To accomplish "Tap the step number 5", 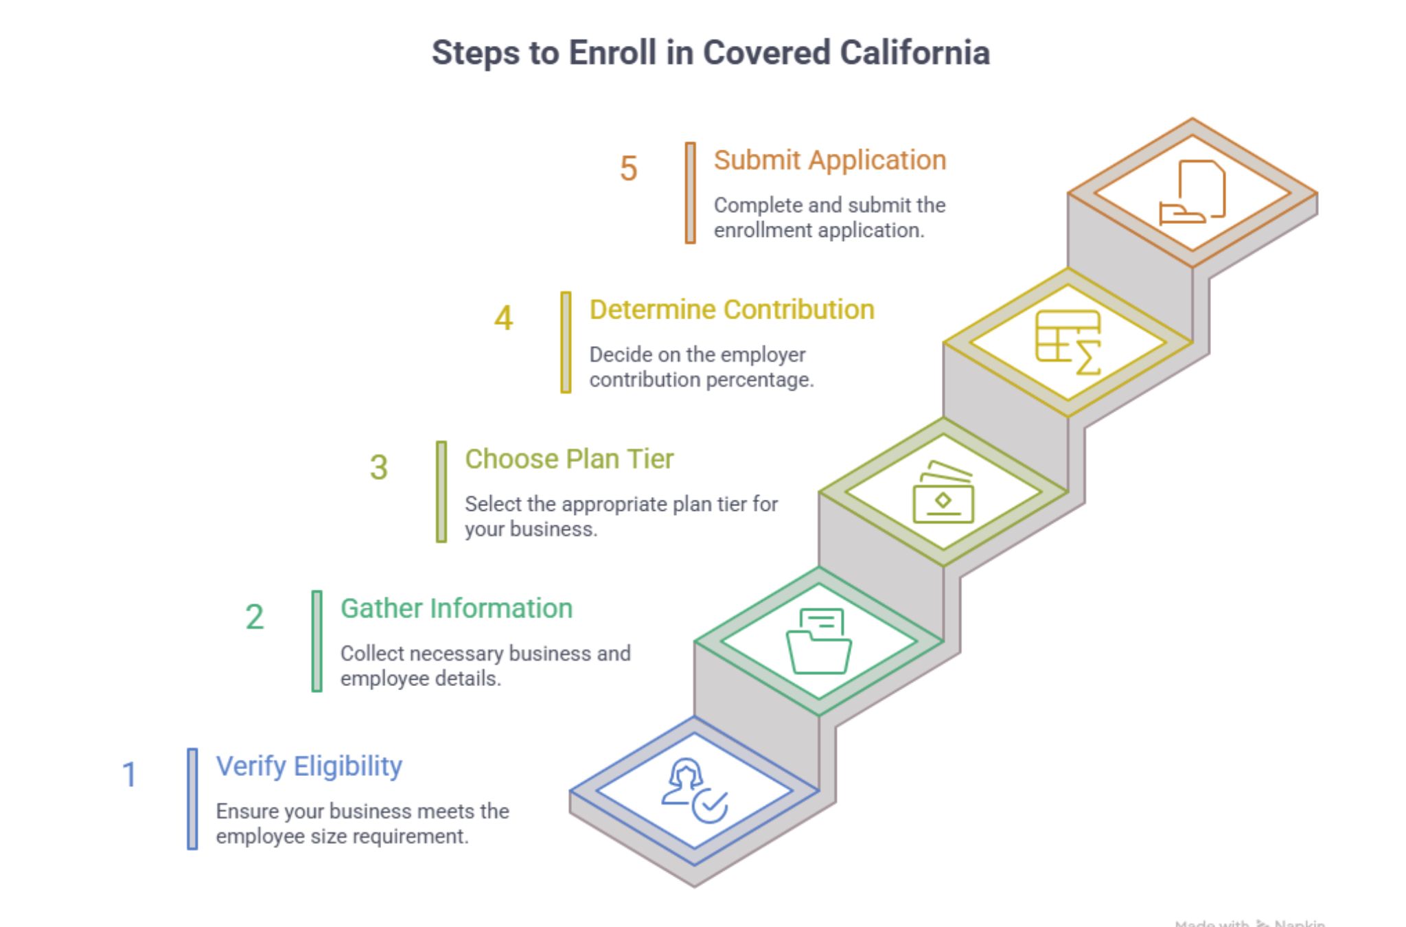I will (628, 169).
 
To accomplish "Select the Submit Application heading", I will (829, 160).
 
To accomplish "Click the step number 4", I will (503, 318).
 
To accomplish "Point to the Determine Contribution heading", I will (731, 310).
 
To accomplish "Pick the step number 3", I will (379, 468).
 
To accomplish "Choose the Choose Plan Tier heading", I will (568, 459).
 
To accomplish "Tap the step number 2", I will (254, 617).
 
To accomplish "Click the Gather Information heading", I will (456, 608).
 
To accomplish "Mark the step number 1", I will (129, 775).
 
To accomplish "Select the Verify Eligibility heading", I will (309, 766).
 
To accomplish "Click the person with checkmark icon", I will (694, 790).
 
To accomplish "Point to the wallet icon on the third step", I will (943, 492).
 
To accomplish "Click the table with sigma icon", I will (1068, 342).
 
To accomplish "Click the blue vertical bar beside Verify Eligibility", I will (192, 799).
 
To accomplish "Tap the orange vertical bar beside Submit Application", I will (690, 193).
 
